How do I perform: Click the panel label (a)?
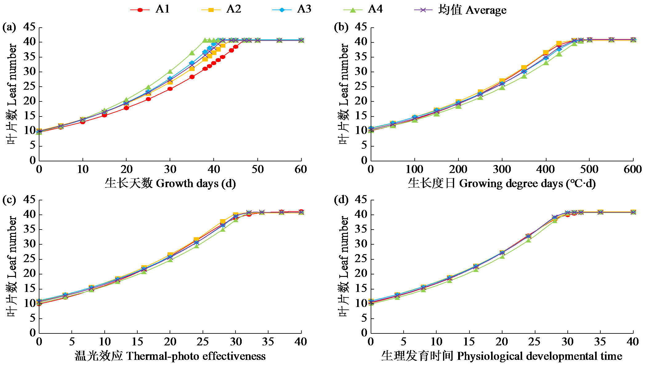coord(9,27)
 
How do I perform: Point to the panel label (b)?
coord(341,27)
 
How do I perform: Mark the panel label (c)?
coord(9,200)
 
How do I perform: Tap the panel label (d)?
coord(341,200)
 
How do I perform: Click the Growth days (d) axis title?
coord(170,183)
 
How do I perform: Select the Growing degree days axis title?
coord(502,183)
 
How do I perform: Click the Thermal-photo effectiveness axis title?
coord(170,356)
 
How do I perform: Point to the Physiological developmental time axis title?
coord(502,356)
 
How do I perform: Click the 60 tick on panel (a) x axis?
coord(301,169)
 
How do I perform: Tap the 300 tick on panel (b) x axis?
coord(502,169)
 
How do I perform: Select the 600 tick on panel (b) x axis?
coord(633,169)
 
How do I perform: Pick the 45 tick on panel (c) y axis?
coord(29,200)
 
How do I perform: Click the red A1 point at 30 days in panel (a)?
coord(170,89)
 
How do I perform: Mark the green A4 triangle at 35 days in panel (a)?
coord(192,53)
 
